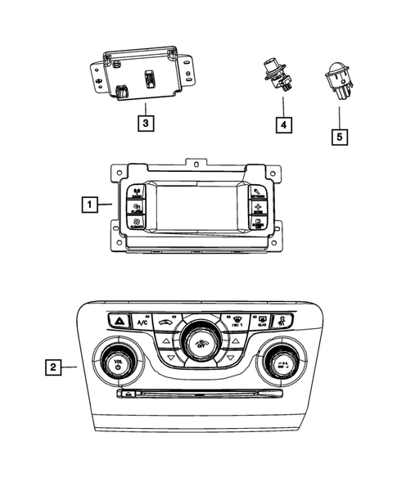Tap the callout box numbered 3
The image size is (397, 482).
[144, 124]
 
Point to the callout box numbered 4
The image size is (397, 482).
[282, 125]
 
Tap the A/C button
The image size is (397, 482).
[142, 322]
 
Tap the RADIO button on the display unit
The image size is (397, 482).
[136, 193]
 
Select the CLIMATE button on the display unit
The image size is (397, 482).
[136, 222]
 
